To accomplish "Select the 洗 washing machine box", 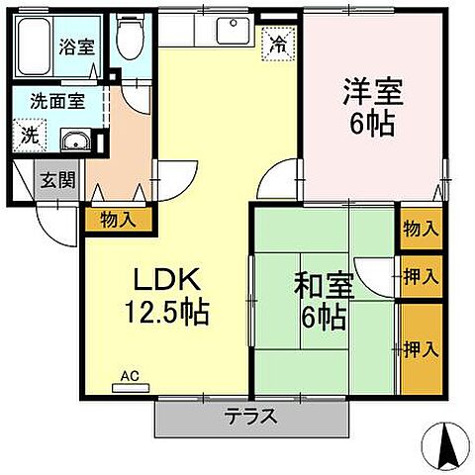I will (28, 136).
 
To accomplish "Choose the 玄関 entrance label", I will (49, 181).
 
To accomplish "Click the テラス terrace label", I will (251, 416).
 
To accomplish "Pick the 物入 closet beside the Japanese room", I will (420, 229).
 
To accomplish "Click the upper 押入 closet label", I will (420, 275).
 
